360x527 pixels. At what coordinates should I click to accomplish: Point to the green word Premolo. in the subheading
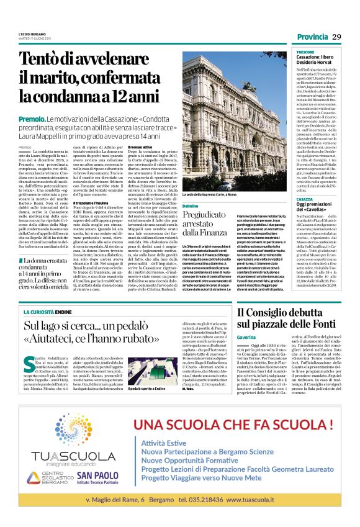(x=32, y=119)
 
